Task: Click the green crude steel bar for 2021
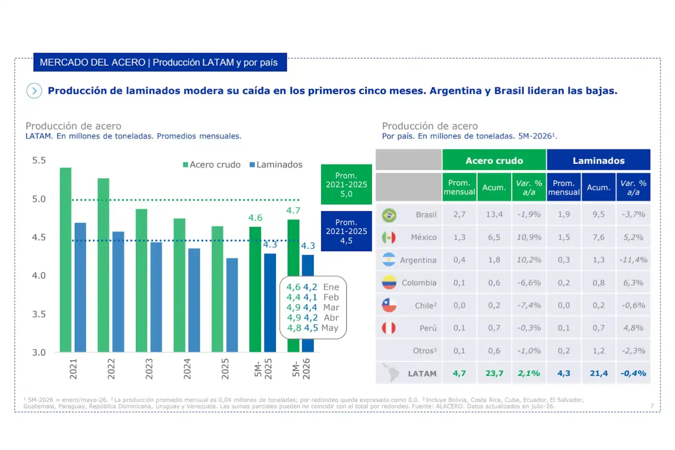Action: click(65, 260)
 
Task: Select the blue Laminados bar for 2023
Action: click(156, 297)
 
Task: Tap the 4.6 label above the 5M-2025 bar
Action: click(255, 217)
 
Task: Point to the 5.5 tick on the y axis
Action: click(39, 160)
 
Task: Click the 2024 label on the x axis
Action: click(187, 369)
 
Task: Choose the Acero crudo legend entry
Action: click(211, 165)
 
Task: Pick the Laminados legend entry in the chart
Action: click(276, 165)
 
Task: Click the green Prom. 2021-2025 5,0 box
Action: click(346, 184)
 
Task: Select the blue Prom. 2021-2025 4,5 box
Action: click(346, 231)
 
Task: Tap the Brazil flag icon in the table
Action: click(389, 215)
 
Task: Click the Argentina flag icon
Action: click(389, 260)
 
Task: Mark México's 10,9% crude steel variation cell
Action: click(529, 237)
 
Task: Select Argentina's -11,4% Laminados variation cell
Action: click(633, 260)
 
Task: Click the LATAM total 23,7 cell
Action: click(494, 374)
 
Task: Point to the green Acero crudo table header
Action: click(494, 160)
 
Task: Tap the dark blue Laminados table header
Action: click(599, 160)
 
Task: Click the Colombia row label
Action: click(419, 282)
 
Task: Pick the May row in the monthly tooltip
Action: click(313, 328)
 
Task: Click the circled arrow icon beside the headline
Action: click(34, 91)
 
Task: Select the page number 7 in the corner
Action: click(652, 406)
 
